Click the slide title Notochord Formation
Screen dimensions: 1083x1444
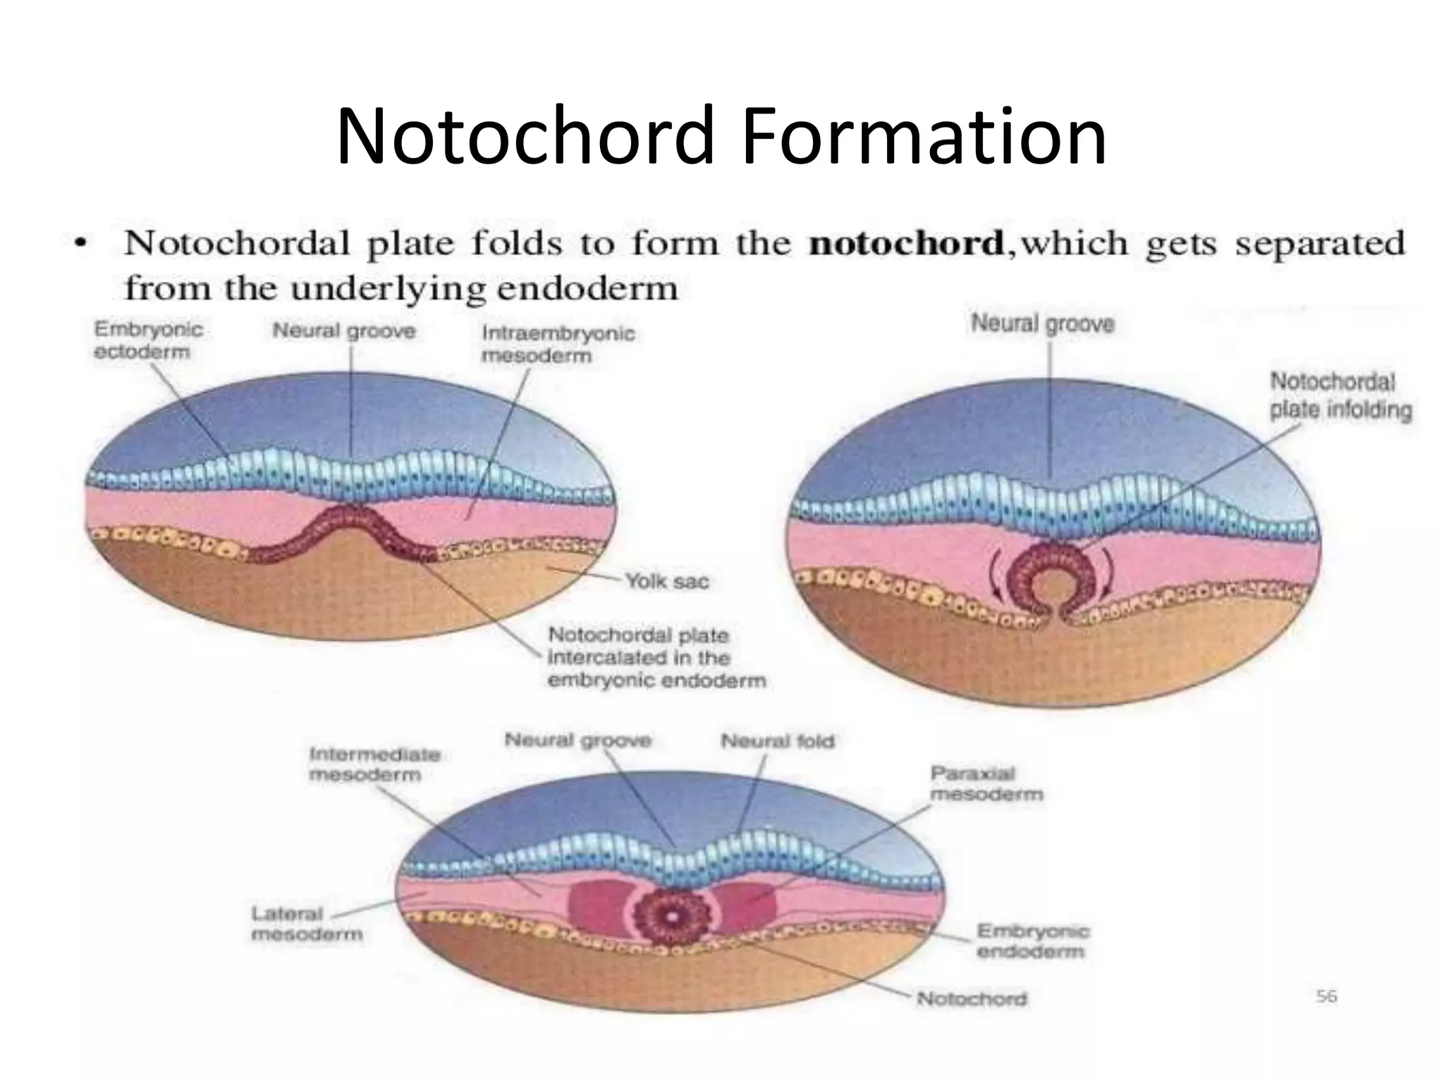click(721, 135)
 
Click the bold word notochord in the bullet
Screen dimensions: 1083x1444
click(906, 244)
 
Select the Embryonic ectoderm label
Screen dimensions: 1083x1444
click(148, 340)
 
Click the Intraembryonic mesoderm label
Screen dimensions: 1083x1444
click(558, 343)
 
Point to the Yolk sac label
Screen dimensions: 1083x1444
click(667, 582)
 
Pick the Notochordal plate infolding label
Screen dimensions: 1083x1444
click(1340, 396)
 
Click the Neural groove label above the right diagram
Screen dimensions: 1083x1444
click(1043, 324)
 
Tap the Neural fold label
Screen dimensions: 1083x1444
click(777, 741)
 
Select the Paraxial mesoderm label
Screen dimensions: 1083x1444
click(986, 783)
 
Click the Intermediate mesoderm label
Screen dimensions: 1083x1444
click(374, 764)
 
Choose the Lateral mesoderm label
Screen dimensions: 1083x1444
click(307, 924)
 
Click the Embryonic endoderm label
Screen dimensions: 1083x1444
click(1033, 941)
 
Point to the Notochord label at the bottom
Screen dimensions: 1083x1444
click(972, 998)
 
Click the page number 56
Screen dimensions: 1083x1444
click(1326, 996)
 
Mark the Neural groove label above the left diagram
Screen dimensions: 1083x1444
click(344, 330)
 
